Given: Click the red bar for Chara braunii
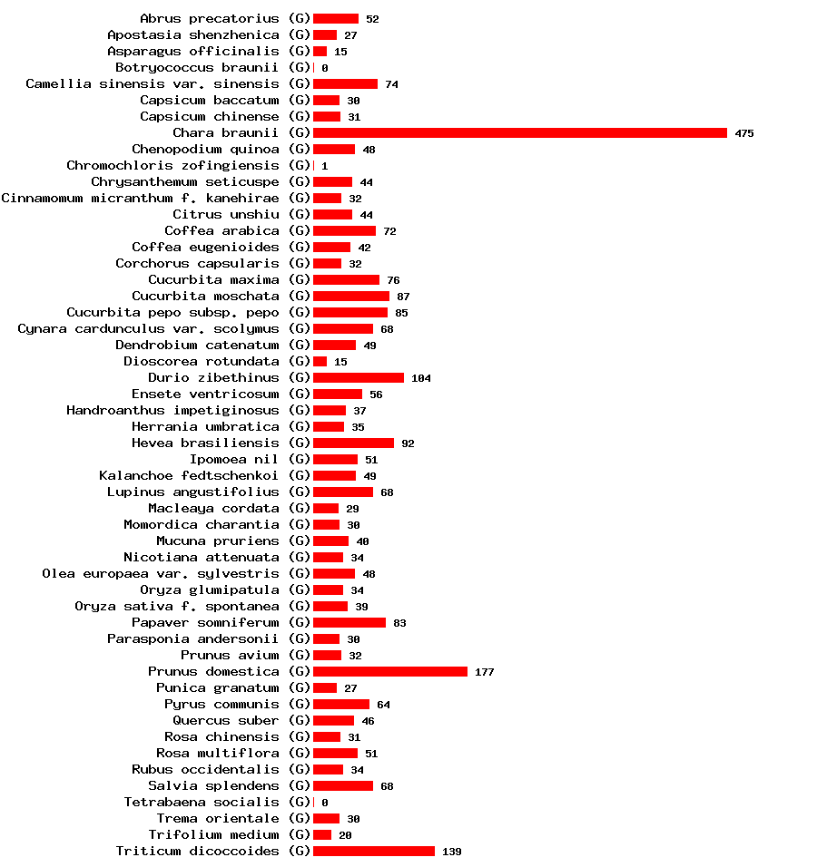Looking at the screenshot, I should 519,133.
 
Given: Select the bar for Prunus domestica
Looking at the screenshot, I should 389,672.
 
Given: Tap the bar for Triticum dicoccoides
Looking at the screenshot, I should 373,852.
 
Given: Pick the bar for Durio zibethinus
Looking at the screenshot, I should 358,378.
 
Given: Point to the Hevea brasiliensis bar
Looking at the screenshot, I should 353,443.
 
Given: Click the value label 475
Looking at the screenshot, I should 744,134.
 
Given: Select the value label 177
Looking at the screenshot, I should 484,673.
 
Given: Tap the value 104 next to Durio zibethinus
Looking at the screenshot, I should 420,379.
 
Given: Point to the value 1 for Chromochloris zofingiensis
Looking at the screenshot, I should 324,167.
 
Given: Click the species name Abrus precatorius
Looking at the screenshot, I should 209,19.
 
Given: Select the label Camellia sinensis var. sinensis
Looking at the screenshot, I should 152,84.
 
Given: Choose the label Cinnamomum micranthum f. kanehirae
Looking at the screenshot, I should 140,199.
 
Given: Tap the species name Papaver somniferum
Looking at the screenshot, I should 205,623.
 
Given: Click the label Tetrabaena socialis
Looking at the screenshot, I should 202,803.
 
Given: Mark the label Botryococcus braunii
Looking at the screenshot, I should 197,68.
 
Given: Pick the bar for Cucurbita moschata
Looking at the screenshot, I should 350,297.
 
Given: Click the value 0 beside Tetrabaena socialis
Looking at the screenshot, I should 324,804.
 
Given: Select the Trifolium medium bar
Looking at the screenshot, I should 321,835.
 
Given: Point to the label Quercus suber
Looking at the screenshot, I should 225,721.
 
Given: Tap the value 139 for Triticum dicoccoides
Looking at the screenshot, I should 451,852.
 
